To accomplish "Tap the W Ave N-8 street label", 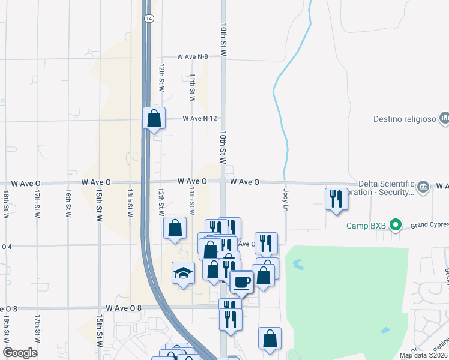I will click(193, 56).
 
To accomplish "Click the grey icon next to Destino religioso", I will click(444, 118).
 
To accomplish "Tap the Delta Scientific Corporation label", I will click(386, 188).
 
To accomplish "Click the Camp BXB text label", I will click(366, 226).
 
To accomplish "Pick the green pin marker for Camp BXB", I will click(395, 226).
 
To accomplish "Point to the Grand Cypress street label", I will click(429, 226).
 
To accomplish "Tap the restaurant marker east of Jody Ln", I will click(336, 199).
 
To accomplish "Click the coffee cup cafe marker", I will click(241, 281).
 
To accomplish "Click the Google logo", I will click(20, 353).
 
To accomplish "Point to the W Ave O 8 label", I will click(124, 308).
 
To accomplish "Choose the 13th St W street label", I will click(130, 203).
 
